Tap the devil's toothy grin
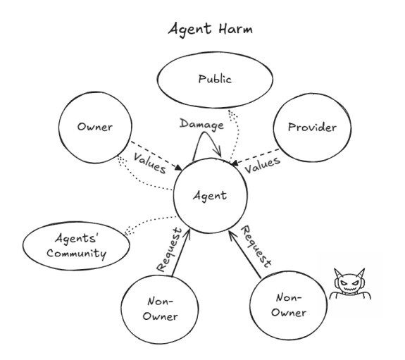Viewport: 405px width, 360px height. point(350,290)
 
